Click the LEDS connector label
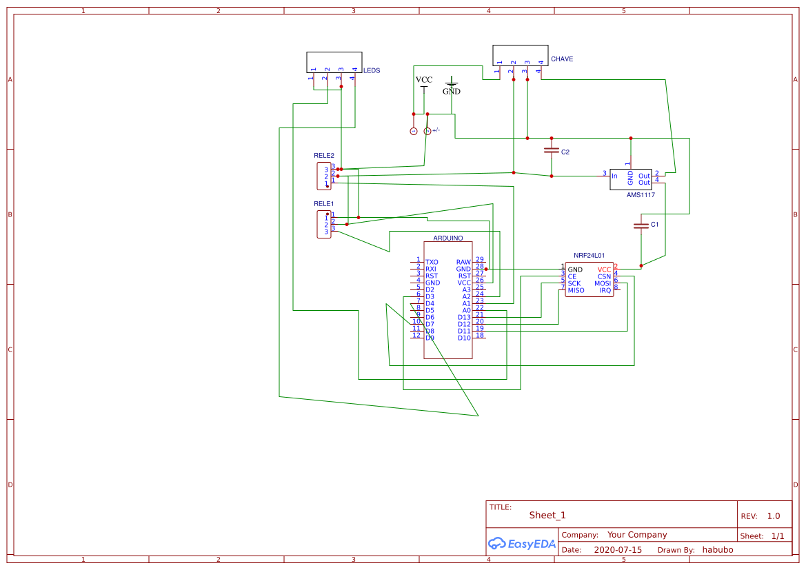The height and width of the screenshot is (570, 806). coord(371,70)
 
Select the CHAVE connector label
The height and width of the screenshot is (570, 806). coord(561,59)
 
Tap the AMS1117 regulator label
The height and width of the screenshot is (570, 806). coord(641,195)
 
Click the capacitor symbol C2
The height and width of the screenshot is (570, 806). coord(551,150)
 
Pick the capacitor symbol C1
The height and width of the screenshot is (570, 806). coord(641,225)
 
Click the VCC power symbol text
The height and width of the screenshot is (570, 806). coord(424,80)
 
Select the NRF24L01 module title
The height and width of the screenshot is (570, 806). coord(589,255)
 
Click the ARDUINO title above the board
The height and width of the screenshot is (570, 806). coord(447,238)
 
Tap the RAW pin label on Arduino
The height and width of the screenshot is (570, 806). coord(463,262)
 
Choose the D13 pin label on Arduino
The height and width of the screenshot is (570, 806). coord(464,317)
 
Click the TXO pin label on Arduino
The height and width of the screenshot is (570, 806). coord(432,262)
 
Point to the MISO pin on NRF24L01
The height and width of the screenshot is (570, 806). coord(576,290)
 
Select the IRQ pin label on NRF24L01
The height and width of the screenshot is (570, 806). coord(605,290)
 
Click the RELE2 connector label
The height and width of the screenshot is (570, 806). coord(323,155)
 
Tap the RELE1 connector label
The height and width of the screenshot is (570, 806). coord(323,203)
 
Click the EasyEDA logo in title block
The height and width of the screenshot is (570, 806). coord(521,543)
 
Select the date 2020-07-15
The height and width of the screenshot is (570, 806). coord(617,550)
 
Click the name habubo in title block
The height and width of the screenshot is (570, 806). coord(717,550)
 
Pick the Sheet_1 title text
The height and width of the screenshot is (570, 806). coord(547,515)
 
